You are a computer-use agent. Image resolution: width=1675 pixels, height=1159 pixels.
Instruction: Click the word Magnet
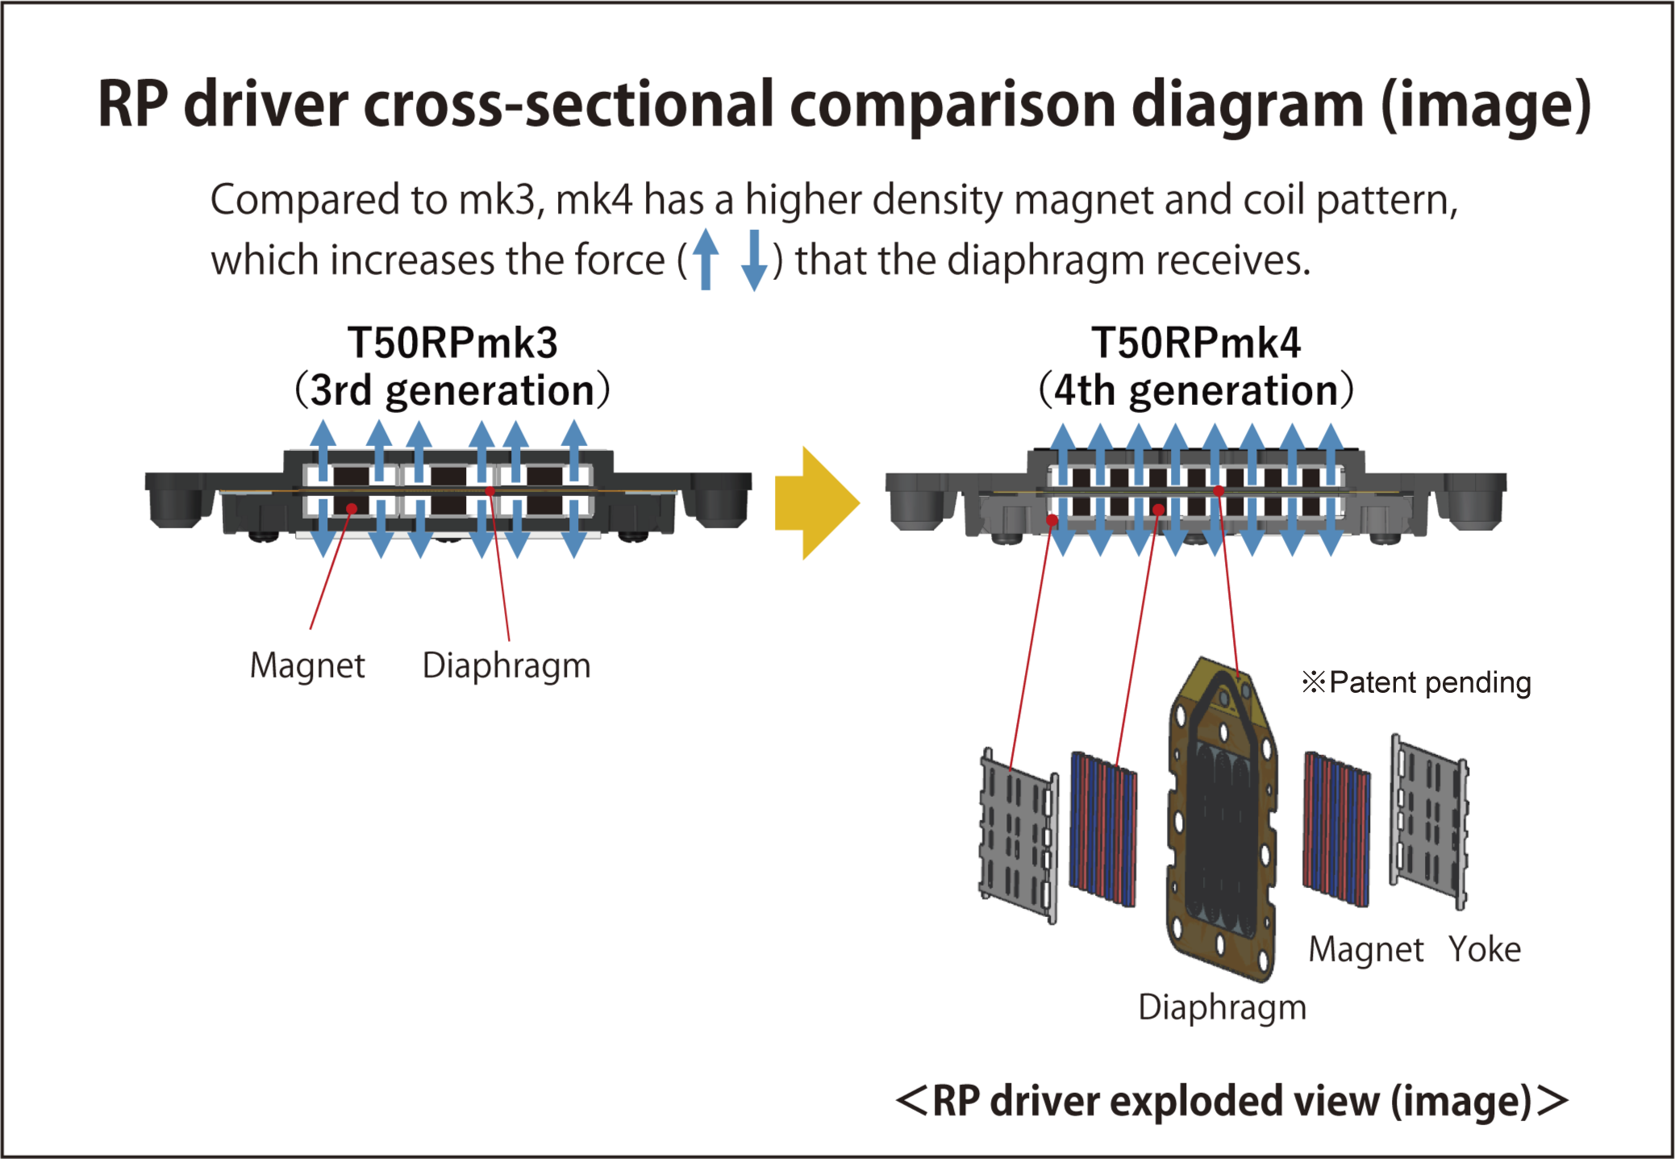[x=1365, y=949]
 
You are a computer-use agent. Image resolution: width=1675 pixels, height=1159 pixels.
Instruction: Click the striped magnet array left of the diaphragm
[x=1103, y=829]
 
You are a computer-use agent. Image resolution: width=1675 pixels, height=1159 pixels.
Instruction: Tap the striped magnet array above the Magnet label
[x=1336, y=829]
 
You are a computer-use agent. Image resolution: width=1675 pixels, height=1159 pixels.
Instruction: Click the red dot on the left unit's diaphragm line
[x=490, y=490]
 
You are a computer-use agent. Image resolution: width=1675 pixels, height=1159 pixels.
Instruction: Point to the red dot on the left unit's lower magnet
[x=352, y=508]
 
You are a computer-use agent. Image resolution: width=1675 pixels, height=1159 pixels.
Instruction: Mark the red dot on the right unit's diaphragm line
[x=1219, y=490]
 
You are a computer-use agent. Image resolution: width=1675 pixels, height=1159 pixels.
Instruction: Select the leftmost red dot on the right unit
[x=1052, y=520]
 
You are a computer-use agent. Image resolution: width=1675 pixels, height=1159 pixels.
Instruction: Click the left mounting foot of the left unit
[x=174, y=500]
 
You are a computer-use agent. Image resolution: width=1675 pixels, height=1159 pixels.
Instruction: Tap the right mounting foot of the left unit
[x=722, y=500]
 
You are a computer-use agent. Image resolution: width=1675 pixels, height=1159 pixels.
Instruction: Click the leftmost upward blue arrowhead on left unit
[x=323, y=432]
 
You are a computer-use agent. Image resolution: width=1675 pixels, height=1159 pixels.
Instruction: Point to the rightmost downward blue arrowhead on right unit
[x=1331, y=544]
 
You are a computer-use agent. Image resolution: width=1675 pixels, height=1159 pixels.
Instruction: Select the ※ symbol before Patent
[x=1314, y=682]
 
